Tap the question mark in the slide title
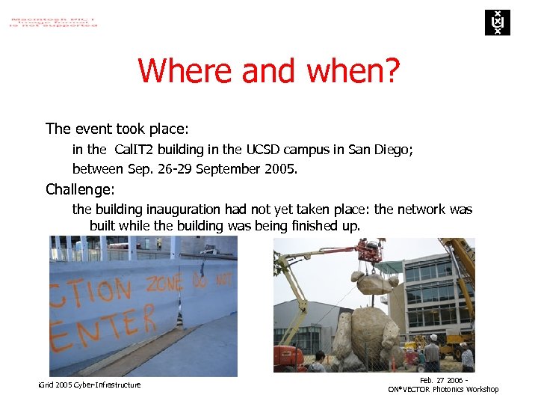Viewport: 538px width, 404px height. pos(391,71)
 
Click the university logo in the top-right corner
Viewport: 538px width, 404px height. pos(497,22)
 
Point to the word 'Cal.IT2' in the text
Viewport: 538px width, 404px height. pos(136,150)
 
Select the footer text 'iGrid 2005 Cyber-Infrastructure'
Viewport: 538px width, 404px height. pos(89,385)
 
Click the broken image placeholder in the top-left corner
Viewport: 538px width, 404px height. pos(53,20)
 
